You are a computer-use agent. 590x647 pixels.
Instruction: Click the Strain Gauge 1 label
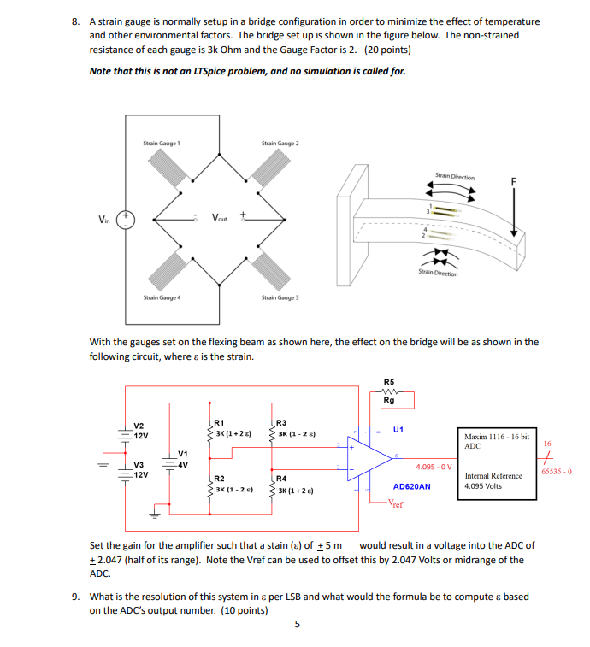point(161,144)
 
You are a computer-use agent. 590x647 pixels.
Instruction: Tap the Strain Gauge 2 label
point(280,144)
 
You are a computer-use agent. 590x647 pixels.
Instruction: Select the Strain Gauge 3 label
point(280,297)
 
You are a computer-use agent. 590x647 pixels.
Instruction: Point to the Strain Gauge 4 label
point(161,297)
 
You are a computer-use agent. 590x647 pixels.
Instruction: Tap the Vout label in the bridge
point(221,217)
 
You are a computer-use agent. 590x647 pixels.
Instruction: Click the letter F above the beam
point(514,182)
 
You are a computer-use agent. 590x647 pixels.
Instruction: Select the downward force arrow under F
point(514,215)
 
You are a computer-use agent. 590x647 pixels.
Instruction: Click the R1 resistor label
point(219,422)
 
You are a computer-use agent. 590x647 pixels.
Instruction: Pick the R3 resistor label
point(281,422)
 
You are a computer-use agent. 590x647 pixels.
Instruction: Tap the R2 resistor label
point(219,479)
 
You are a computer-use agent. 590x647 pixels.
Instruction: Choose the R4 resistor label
point(281,479)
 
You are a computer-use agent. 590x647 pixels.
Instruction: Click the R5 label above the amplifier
point(390,382)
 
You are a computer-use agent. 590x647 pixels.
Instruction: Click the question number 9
point(76,597)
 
